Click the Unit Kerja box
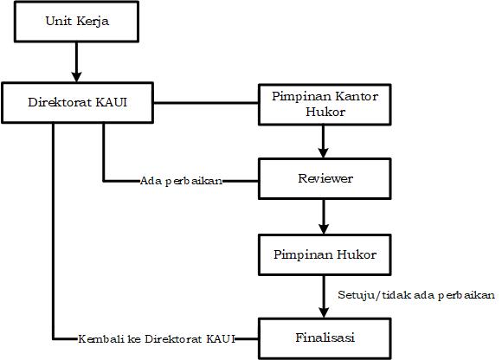pyautogui.click(x=76, y=22)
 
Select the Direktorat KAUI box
pyautogui.click(x=78, y=103)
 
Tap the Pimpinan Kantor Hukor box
pyautogui.click(x=325, y=105)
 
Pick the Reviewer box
pyautogui.click(x=325, y=179)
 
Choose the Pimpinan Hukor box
pyautogui.click(x=325, y=254)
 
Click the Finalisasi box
pyautogui.click(x=325, y=338)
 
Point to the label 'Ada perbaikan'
pyautogui.click(x=181, y=182)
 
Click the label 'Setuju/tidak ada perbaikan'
pyautogui.click(x=416, y=295)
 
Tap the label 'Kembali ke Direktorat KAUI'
pyautogui.click(x=157, y=339)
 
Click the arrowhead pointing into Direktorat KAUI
pyautogui.click(x=76, y=77)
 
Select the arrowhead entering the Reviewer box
pyautogui.click(x=324, y=153)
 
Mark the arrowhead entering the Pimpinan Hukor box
pyautogui.click(x=324, y=228)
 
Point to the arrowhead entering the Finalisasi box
pyautogui.click(x=324, y=312)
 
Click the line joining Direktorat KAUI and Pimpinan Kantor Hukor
pyautogui.click(x=206, y=103)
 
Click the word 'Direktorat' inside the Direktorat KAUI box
pyautogui.click(x=60, y=102)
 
